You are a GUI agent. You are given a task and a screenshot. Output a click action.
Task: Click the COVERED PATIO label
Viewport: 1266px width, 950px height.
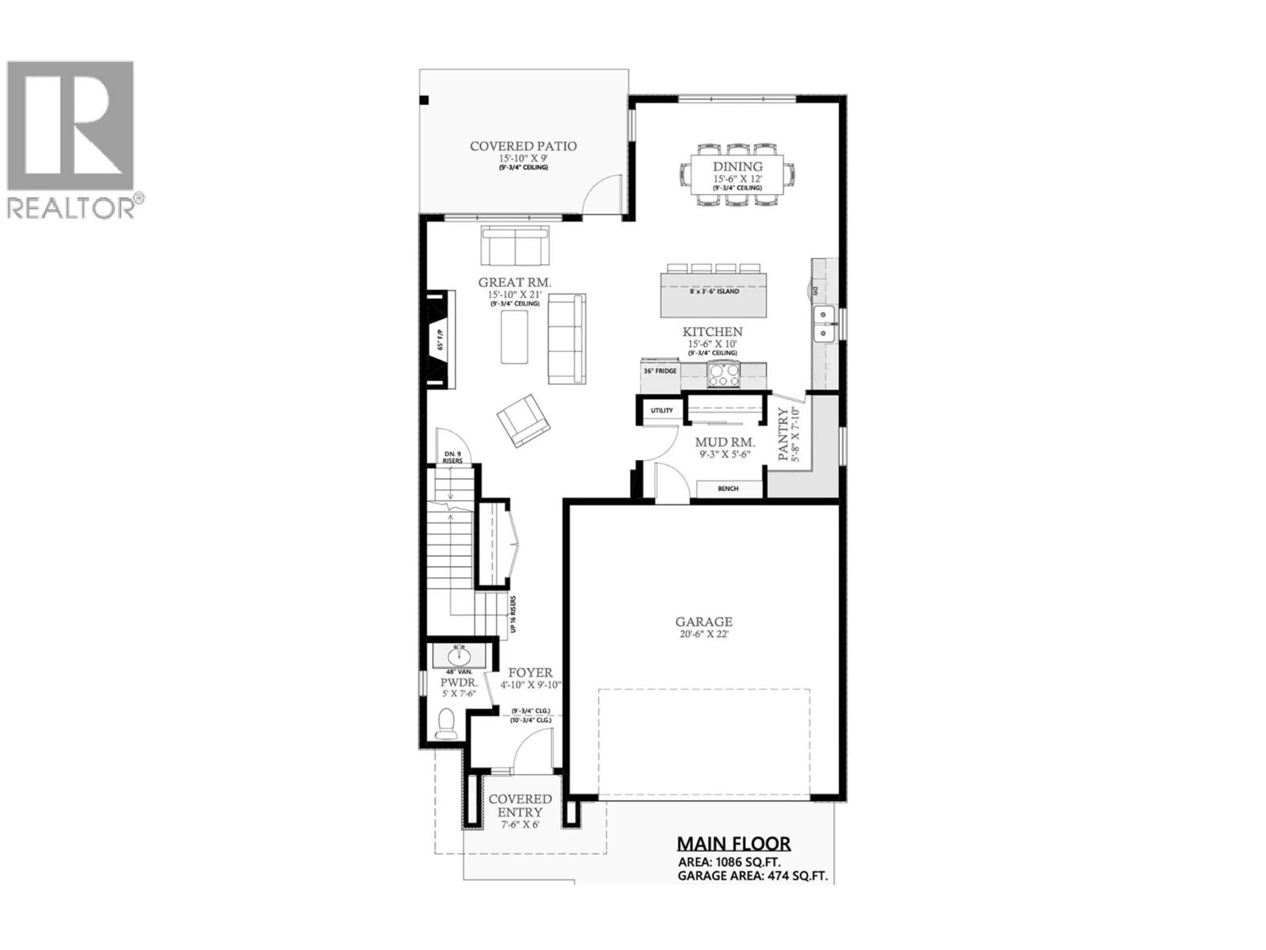523,146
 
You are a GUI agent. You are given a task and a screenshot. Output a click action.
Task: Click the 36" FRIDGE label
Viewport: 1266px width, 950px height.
660,371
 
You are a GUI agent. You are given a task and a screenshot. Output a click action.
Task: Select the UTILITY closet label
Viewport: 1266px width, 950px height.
662,411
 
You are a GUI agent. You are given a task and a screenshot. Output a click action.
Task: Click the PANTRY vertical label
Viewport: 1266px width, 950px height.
783,434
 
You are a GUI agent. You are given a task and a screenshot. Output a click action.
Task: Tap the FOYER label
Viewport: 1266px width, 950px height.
530,673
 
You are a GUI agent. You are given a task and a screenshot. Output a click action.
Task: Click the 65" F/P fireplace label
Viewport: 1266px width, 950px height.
440,339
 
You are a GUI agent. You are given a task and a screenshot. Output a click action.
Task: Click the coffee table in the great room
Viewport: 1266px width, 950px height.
514,338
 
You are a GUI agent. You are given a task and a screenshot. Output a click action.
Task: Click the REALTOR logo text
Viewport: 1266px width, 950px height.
72,208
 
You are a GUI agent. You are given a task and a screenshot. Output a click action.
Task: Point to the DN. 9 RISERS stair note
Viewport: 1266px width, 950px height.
452,457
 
